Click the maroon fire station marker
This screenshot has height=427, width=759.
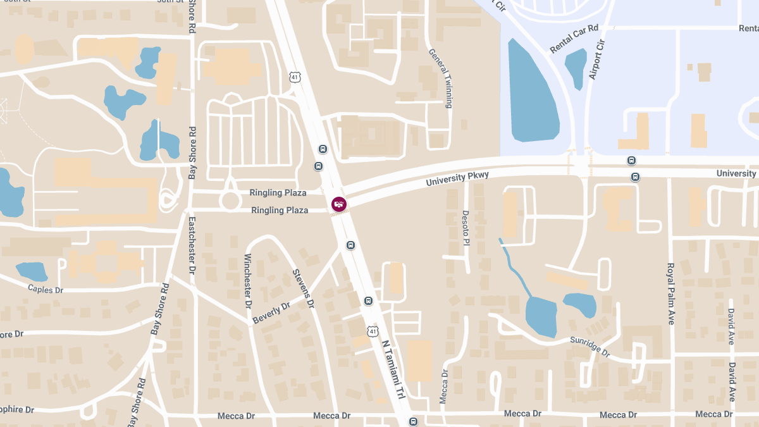pyautogui.click(x=339, y=204)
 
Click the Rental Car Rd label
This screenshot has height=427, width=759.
pyautogui.click(x=574, y=39)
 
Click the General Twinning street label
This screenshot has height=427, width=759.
pyautogui.click(x=440, y=78)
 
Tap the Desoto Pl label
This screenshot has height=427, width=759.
pyautogui.click(x=466, y=228)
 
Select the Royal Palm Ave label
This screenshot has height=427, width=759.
pyautogui.click(x=671, y=294)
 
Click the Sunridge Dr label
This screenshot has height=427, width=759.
pyautogui.click(x=589, y=347)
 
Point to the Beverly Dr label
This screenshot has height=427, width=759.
pyautogui.click(x=271, y=313)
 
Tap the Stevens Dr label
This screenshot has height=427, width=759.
pyautogui.click(x=303, y=288)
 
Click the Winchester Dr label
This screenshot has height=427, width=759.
pyautogui.click(x=248, y=281)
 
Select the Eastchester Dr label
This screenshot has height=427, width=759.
pyautogui.click(x=192, y=245)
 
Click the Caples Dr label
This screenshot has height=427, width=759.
pyautogui.click(x=46, y=289)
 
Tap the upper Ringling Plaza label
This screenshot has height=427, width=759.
pyautogui.click(x=278, y=193)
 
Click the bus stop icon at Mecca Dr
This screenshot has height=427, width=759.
pyautogui.click(x=413, y=421)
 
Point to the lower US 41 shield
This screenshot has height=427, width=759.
pyautogui.click(x=373, y=331)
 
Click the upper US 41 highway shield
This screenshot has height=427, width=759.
pyautogui.click(x=295, y=77)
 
